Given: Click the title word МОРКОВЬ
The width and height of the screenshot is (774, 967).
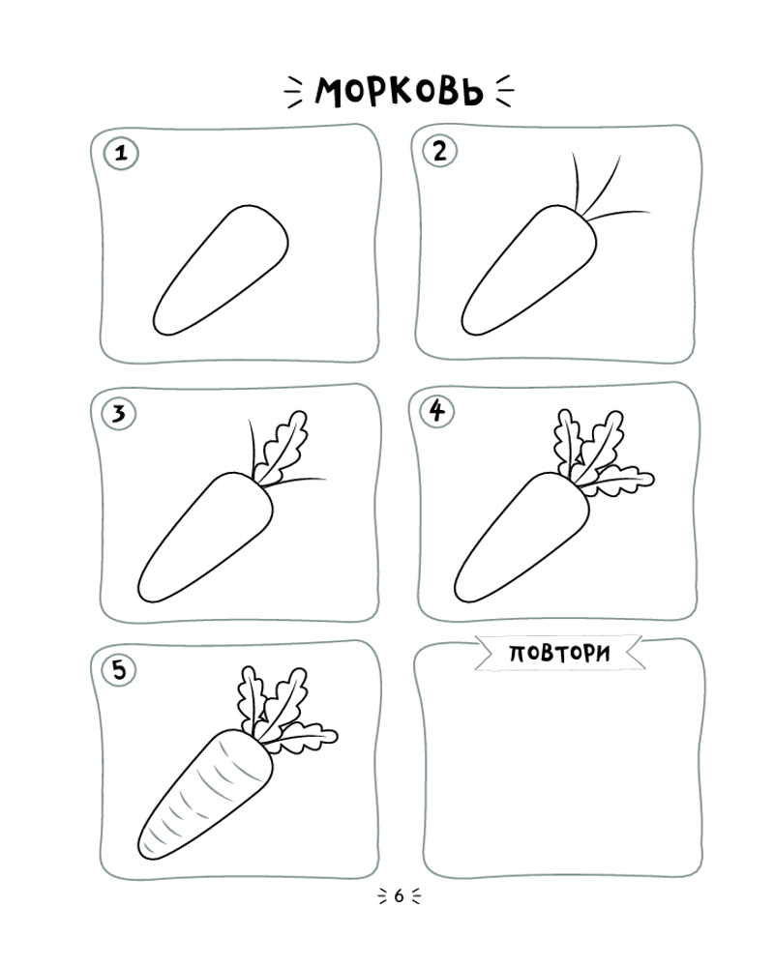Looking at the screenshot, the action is [400, 92].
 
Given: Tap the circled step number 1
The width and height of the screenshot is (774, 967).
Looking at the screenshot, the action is [121, 153].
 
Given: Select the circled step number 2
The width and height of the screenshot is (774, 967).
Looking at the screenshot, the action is [439, 151].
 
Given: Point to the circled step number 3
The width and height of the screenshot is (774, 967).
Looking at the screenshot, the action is [118, 413].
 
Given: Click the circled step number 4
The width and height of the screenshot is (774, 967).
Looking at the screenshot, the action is [437, 411].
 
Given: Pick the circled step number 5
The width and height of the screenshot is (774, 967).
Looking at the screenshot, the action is [119, 669].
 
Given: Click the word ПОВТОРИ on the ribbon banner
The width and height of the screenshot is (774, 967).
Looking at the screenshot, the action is [559, 653].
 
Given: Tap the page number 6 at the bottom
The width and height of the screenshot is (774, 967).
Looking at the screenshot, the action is [399, 895].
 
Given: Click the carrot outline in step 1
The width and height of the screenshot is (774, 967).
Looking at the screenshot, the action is [221, 270].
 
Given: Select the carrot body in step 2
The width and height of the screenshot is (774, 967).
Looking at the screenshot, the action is [529, 270].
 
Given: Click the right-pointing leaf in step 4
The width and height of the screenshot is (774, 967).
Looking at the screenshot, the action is [617, 481].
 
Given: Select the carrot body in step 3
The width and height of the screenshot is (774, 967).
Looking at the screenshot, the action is [205, 537].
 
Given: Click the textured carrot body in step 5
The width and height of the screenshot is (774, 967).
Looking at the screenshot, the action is [205, 794].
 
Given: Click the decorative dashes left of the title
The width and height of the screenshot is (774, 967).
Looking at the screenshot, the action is [293, 93].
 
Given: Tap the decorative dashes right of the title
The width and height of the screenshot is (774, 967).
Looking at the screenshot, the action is [505, 91].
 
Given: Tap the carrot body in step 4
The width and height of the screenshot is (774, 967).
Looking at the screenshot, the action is [521, 537].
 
